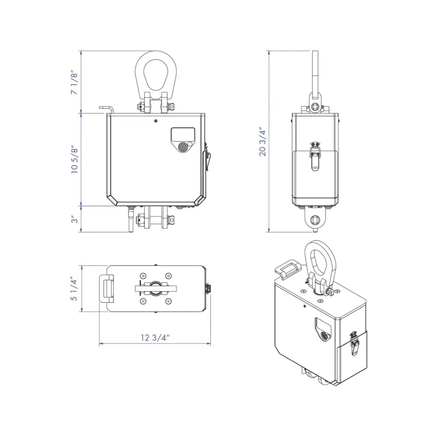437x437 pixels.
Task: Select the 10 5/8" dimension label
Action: pos(74,159)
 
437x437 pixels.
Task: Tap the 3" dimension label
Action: pos(74,219)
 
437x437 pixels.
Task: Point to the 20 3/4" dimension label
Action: pos(263,142)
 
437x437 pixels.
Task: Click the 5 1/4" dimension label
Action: pos(74,289)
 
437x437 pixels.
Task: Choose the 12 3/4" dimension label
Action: pos(155,337)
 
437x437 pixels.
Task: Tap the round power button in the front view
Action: pos(183,147)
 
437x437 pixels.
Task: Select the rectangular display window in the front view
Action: pos(183,134)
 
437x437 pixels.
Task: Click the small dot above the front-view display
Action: pos(155,121)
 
